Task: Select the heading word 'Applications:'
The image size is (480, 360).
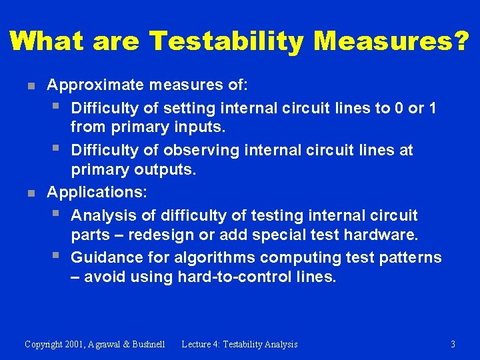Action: point(97,193)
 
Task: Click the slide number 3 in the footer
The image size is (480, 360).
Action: point(453,345)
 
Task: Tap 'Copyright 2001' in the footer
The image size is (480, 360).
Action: point(54,345)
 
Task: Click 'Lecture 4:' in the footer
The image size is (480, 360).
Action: point(204,345)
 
